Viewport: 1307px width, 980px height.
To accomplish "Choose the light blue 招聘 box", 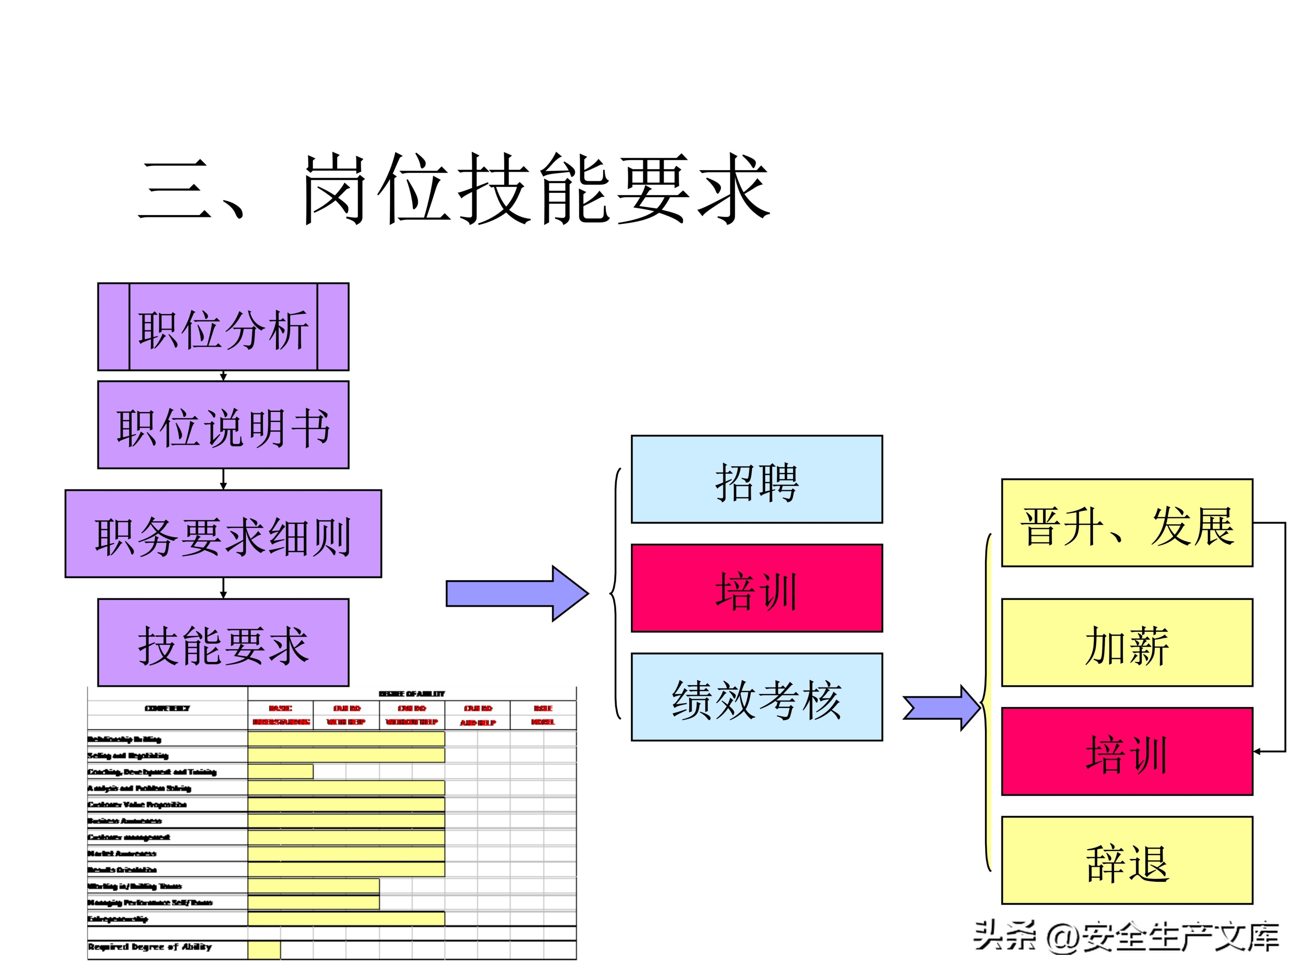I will [x=756, y=479].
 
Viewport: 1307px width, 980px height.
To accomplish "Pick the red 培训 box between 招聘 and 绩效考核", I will [x=756, y=588].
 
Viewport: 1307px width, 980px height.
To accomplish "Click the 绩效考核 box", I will [x=756, y=697].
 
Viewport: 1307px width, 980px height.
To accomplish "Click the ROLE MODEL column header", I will [x=543, y=715].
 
